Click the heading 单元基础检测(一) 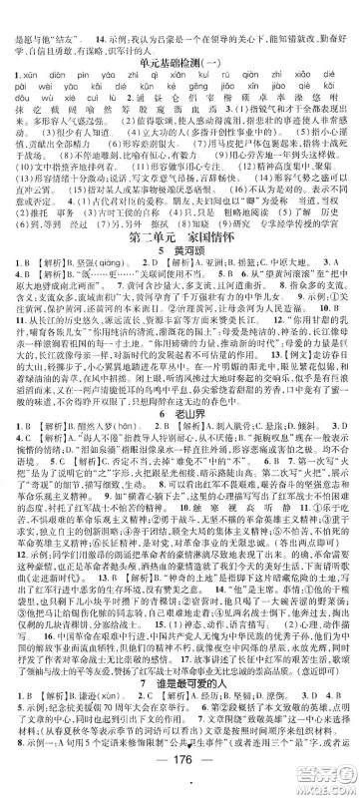pos(180,34)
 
